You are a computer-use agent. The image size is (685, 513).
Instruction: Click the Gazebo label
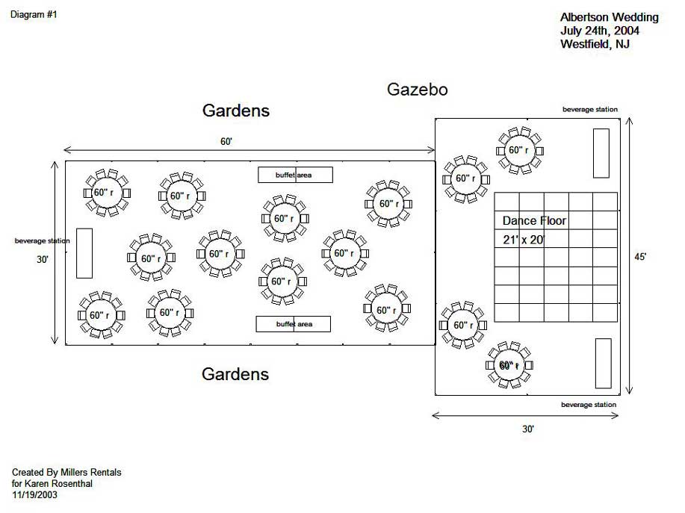click(x=417, y=90)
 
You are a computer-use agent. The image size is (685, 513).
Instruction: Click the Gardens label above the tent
click(x=235, y=111)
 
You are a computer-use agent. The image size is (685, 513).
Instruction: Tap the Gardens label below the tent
click(x=235, y=374)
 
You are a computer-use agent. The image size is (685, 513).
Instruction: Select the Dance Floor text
click(x=534, y=221)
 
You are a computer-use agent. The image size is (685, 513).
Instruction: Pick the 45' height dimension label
click(x=640, y=256)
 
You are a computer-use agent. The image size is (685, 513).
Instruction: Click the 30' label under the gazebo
click(x=528, y=429)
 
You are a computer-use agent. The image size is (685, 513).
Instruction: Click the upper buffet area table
click(x=295, y=175)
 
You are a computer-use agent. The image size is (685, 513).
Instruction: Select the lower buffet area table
click(x=294, y=324)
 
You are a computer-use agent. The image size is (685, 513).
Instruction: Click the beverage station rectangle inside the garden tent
click(x=84, y=252)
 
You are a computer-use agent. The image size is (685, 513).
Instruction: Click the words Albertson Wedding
click(x=610, y=17)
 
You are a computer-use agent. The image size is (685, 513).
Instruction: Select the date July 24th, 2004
click(x=599, y=31)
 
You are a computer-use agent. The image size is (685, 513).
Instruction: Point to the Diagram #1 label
click(x=34, y=15)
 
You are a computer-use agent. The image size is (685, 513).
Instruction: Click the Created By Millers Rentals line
click(x=66, y=473)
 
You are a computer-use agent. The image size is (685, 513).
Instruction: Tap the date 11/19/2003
click(x=34, y=494)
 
